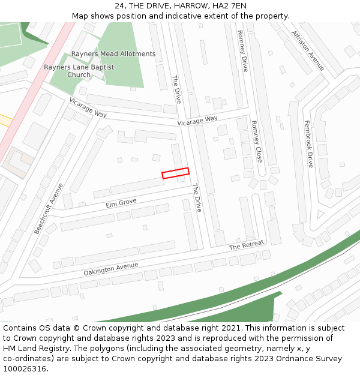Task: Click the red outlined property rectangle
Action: point(175,173)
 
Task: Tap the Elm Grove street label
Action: point(121,203)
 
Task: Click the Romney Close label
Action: point(257,142)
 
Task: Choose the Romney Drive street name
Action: point(242,51)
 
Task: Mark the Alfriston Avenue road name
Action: point(307,50)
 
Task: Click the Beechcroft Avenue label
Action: point(49,208)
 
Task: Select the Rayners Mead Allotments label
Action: point(113,54)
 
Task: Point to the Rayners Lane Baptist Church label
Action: point(79,71)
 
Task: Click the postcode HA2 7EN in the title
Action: point(231,6)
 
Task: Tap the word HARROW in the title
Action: point(193,6)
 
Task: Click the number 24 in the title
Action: point(120,6)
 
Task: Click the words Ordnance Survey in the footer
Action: point(304,358)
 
